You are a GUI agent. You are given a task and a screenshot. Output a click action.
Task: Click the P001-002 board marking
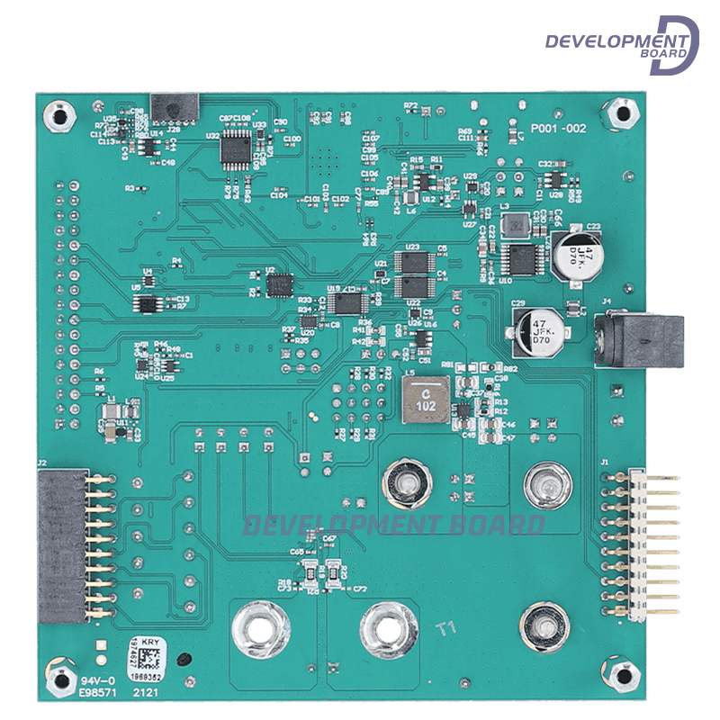[558, 129]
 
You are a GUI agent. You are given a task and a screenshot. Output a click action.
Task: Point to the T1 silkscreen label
[447, 628]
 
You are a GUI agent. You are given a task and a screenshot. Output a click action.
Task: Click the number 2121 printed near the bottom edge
[146, 694]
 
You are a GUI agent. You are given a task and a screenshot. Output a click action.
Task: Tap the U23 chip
[414, 262]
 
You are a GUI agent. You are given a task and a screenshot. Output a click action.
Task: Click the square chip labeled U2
[279, 283]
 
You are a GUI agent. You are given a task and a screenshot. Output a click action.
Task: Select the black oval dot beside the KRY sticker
[184, 659]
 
